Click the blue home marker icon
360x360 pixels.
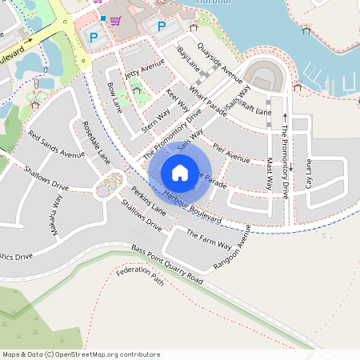180,173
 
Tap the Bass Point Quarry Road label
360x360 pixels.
167,264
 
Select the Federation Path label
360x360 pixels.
139,277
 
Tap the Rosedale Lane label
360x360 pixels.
97,142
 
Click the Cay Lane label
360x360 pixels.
309,174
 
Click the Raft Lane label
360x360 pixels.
257,109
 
